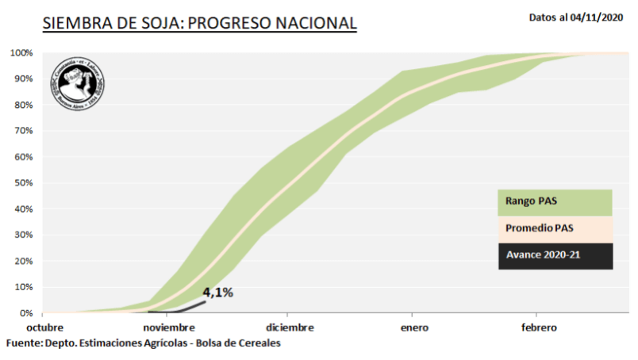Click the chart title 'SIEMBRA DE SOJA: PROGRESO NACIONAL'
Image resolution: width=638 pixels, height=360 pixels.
(x=199, y=24)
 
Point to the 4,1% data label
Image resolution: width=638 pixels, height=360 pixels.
(x=217, y=293)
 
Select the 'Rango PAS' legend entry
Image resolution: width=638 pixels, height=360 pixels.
(x=555, y=202)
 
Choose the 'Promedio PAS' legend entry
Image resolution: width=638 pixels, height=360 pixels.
(x=555, y=229)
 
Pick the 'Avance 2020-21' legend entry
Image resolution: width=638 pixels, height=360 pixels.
(x=555, y=255)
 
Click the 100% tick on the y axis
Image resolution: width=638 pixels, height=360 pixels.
(x=21, y=53)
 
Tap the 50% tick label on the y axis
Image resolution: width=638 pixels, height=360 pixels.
(x=23, y=183)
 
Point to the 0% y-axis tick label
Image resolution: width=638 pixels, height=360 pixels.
(x=25, y=313)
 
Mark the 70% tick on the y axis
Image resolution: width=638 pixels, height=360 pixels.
(x=23, y=131)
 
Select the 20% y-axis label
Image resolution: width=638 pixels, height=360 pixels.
(x=23, y=261)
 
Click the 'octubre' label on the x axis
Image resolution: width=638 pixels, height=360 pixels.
(x=44, y=327)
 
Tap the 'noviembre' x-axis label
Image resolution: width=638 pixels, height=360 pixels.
(x=169, y=327)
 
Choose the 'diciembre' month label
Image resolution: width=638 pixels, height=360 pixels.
(x=290, y=327)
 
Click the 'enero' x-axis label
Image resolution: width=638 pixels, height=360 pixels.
(x=415, y=327)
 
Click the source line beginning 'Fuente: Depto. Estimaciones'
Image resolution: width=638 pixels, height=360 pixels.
(x=144, y=343)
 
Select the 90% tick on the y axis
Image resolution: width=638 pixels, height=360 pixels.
(x=23, y=79)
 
